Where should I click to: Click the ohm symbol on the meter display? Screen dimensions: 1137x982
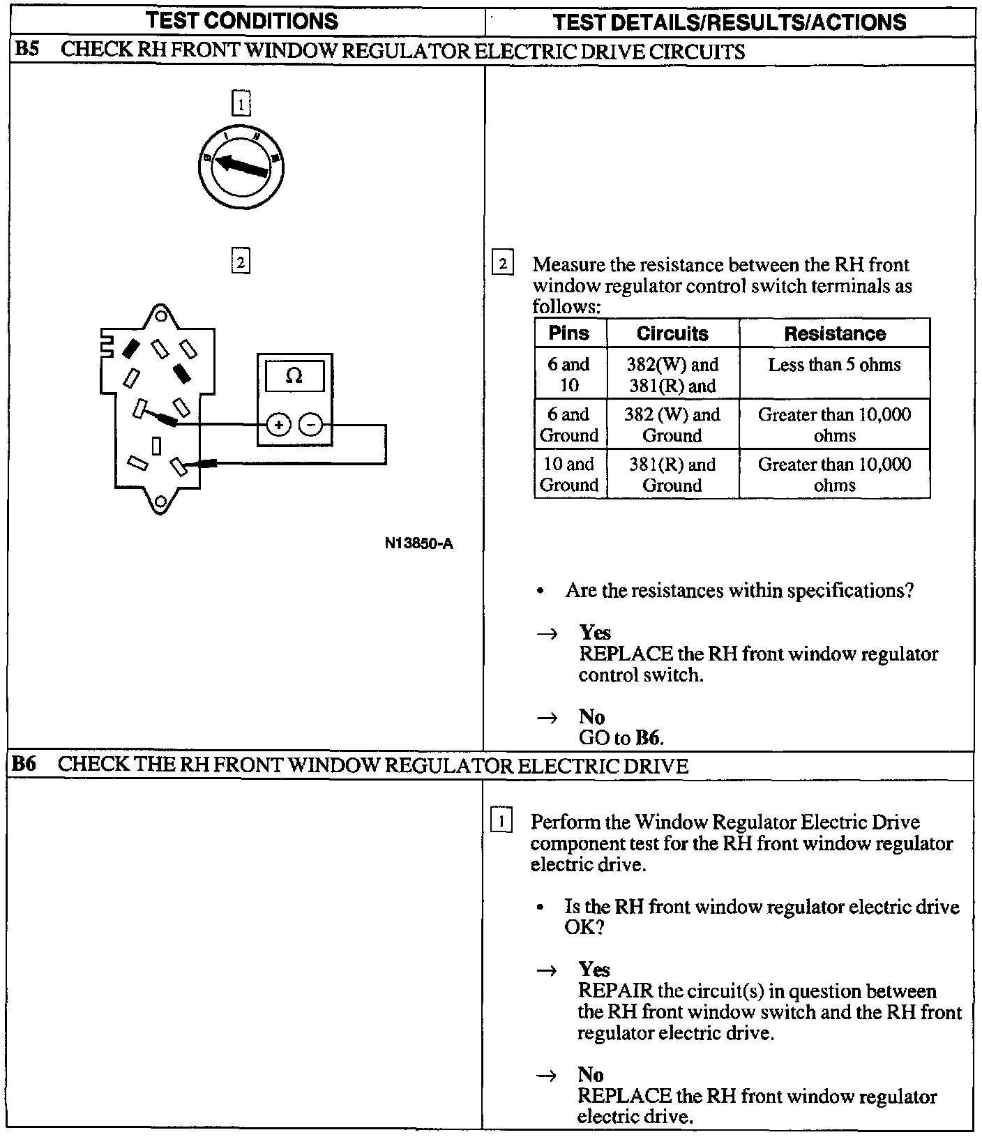(294, 377)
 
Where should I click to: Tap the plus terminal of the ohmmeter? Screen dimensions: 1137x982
(279, 424)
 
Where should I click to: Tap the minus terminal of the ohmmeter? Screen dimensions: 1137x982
(311, 424)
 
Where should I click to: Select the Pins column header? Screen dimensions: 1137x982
(569, 333)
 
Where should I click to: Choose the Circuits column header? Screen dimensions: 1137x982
(672, 333)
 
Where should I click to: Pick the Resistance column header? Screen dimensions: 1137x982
(834, 333)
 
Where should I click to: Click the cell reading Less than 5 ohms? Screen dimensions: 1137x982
(834, 365)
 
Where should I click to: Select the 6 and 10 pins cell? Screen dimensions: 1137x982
(569, 375)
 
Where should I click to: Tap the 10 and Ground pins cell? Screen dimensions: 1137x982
(569, 474)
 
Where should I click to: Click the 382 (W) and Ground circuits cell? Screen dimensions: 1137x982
(672, 424)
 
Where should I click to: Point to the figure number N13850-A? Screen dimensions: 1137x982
(418, 543)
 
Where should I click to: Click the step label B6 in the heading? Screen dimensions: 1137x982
(25, 765)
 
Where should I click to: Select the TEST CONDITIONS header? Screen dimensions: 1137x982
(242, 21)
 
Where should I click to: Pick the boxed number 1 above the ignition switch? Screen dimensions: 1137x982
(241, 105)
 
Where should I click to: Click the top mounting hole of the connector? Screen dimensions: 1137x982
(160, 316)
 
